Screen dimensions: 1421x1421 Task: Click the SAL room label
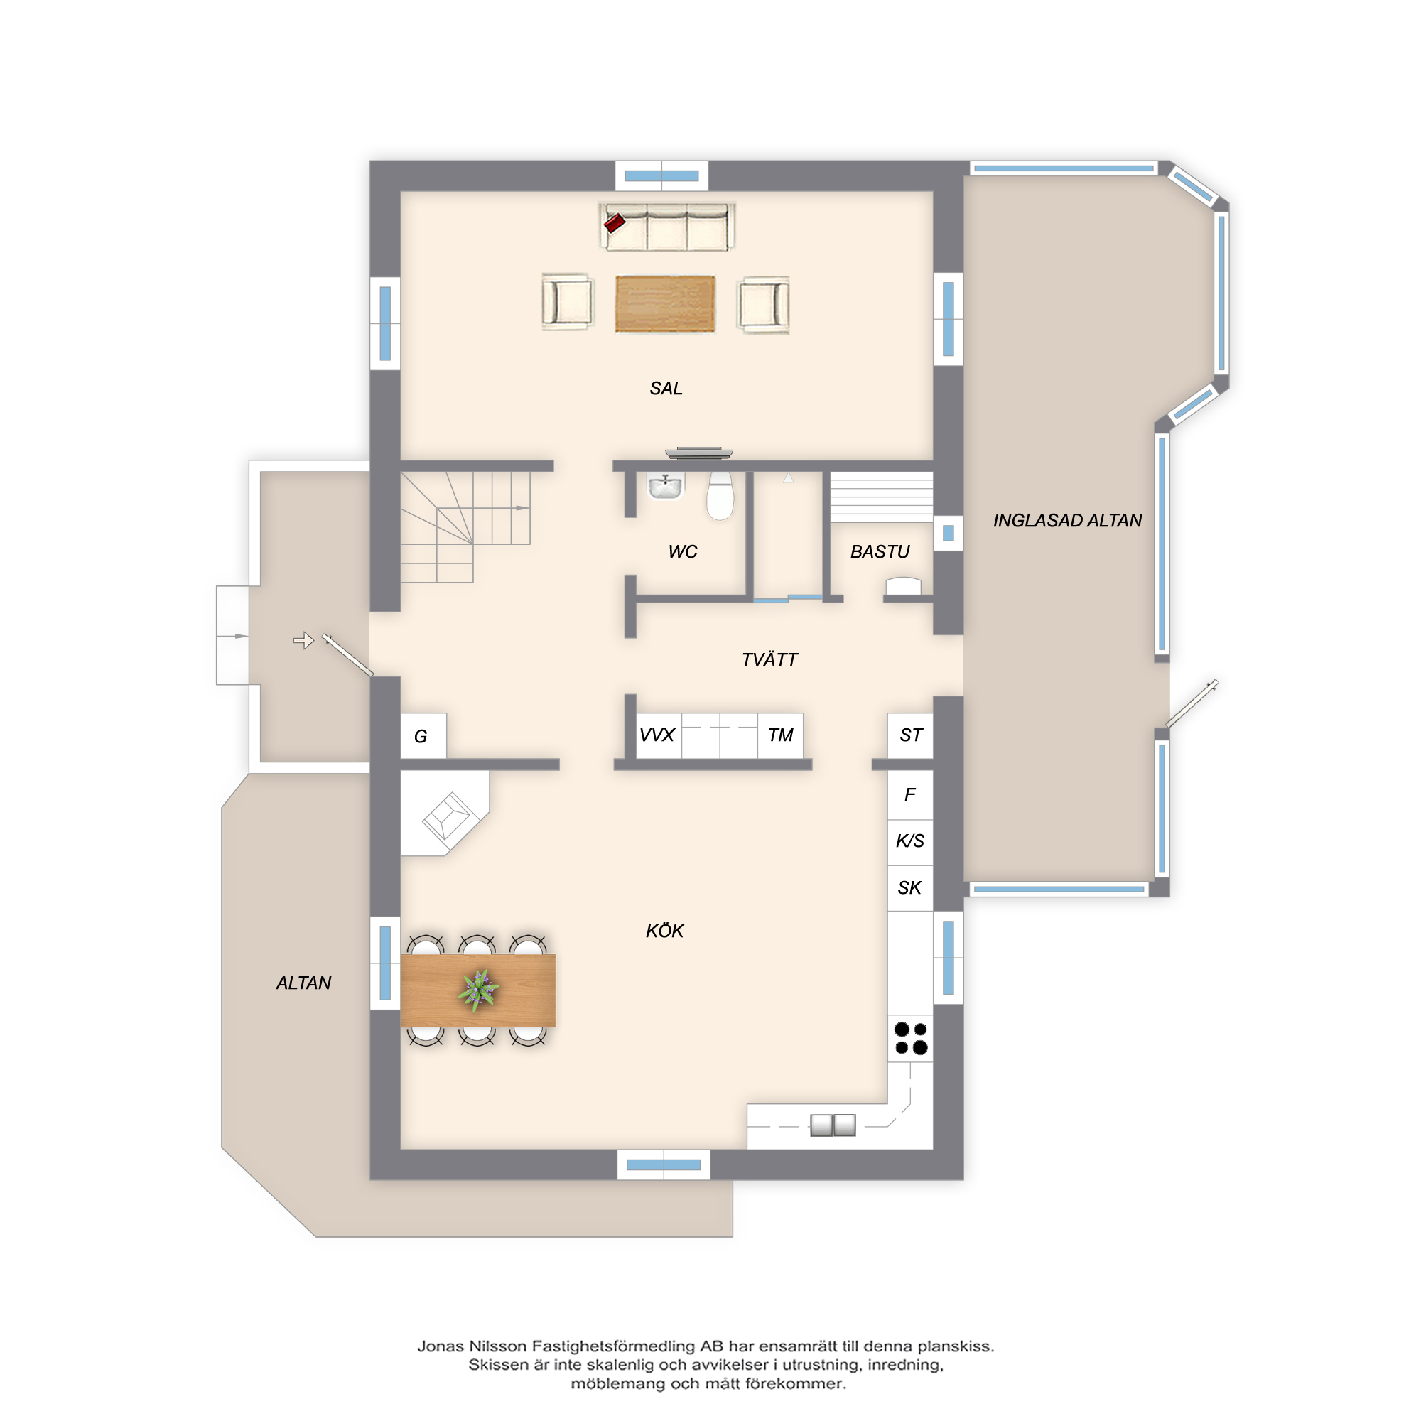666,389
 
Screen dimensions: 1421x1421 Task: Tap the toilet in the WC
720,496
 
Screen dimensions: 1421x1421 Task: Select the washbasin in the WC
666,486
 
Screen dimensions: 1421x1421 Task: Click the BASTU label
880,551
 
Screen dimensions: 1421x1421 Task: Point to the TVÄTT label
769,659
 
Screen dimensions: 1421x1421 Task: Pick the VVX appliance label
657,735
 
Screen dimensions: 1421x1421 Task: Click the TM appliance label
780,735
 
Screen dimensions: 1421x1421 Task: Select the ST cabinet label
911,735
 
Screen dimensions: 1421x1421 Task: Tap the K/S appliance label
910,841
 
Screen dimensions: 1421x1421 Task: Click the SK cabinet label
909,887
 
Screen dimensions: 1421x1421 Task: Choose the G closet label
421,736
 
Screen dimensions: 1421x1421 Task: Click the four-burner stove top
911,1038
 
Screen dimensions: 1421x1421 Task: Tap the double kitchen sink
833,1125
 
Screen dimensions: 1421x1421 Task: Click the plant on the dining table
479,988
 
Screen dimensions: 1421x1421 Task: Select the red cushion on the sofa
614,222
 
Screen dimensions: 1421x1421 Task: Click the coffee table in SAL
665,304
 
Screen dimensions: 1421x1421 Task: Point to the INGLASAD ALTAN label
1067,521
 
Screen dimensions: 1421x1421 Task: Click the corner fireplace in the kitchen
445,814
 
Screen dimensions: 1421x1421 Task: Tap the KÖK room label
664,931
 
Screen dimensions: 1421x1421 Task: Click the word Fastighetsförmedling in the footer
613,1346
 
